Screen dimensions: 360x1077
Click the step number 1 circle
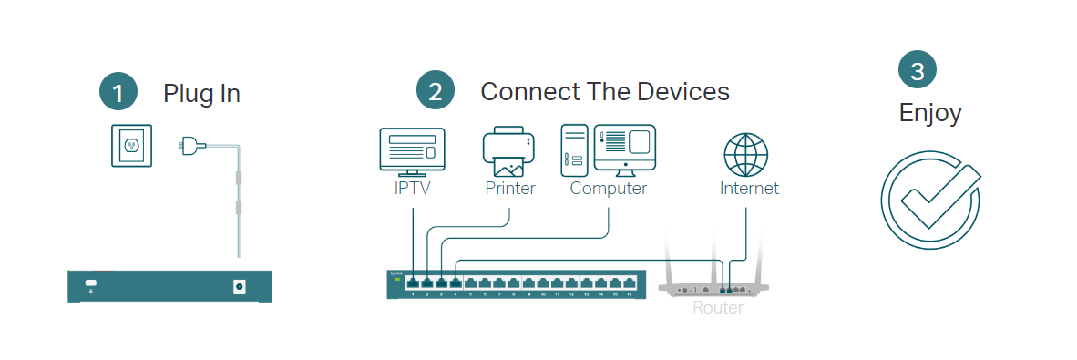(x=118, y=92)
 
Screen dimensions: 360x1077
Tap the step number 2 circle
(x=435, y=91)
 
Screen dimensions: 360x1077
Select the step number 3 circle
(x=917, y=69)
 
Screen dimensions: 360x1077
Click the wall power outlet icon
(x=132, y=145)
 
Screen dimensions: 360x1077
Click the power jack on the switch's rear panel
(x=240, y=286)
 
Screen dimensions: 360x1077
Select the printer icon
(x=508, y=152)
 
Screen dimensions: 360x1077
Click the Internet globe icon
(x=746, y=154)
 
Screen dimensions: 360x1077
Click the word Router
(x=718, y=308)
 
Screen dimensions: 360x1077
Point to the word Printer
(x=510, y=189)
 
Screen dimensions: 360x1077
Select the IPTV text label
(x=412, y=189)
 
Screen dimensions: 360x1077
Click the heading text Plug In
(x=201, y=93)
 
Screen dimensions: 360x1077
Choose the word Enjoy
(x=930, y=113)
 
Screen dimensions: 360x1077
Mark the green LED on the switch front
(x=396, y=280)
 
